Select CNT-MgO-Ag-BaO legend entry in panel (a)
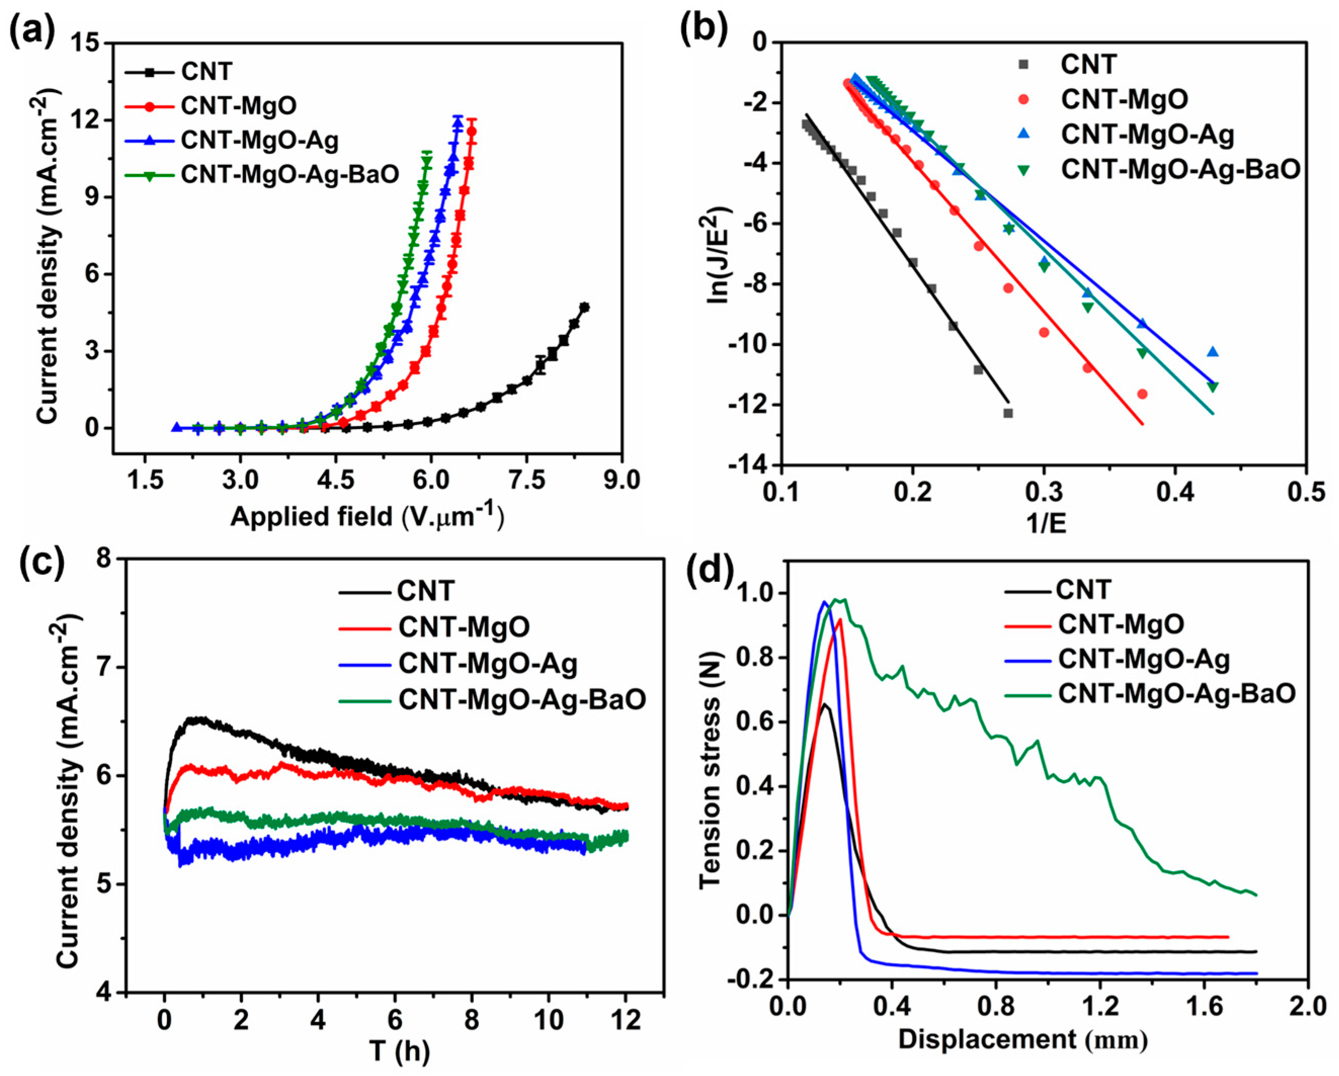pos(289,175)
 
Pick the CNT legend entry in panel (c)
pos(426,590)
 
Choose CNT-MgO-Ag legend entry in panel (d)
pos(1143,659)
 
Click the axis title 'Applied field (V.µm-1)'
pos(366,516)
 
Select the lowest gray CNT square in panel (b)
pos(1008,413)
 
